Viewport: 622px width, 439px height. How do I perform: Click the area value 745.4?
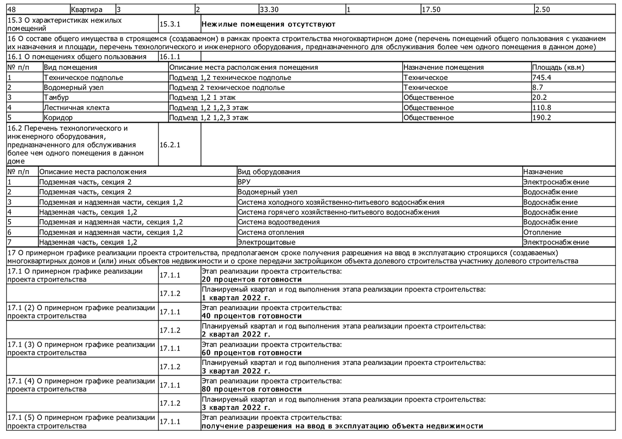(x=542, y=78)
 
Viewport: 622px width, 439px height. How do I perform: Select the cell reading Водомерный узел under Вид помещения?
(x=74, y=87)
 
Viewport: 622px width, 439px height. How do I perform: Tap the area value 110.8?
(x=542, y=108)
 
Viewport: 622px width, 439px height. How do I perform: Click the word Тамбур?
(x=56, y=98)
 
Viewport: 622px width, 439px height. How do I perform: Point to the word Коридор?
(x=58, y=118)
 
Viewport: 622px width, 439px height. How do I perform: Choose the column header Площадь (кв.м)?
(x=558, y=67)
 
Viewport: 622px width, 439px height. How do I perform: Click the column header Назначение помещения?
(x=443, y=67)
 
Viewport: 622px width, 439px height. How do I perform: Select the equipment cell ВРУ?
(x=244, y=182)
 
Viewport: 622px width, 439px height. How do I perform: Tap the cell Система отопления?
(x=271, y=233)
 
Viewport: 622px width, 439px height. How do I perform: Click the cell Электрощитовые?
(x=266, y=243)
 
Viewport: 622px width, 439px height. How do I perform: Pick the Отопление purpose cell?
(x=542, y=233)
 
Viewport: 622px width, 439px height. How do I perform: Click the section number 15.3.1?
(x=170, y=24)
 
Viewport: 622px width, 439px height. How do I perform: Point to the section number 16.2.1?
(x=170, y=145)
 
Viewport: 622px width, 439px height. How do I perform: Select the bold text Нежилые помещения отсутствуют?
(x=268, y=24)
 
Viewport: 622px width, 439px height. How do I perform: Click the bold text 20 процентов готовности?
(x=252, y=280)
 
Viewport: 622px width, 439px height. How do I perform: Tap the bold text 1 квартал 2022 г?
(x=236, y=298)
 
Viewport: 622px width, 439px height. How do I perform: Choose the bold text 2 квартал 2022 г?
(x=236, y=335)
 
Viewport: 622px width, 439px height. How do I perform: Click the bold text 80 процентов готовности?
(x=252, y=389)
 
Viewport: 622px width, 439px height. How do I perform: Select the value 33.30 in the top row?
(x=269, y=9)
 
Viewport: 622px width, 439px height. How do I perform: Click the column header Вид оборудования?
(x=269, y=172)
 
